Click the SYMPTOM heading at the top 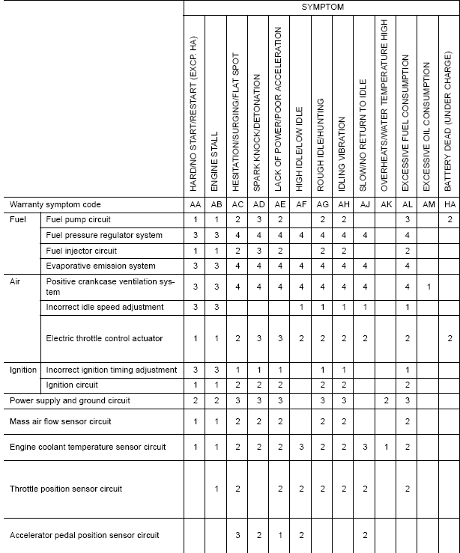pyautogui.click(x=322, y=7)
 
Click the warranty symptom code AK pyautogui.click(x=386, y=204)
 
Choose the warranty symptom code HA pyautogui.click(x=449, y=204)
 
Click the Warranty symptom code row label pyautogui.click(x=55, y=204)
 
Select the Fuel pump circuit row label pyautogui.click(x=78, y=220)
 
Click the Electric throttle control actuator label pyautogui.click(x=104, y=338)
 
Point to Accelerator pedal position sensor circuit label pyautogui.click(x=84, y=535)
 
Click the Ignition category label pyautogui.click(x=23, y=370)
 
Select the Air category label pyautogui.click(x=15, y=282)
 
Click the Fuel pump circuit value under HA pyautogui.click(x=449, y=220)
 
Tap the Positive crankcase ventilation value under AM pyautogui.click(x=428, y=287)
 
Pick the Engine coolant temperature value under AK pyautogui.click(x=386, y=447)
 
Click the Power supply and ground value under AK pyautogui.click(x=386, y=401)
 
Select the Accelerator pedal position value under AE pyautogui.click(x=279, y=535)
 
